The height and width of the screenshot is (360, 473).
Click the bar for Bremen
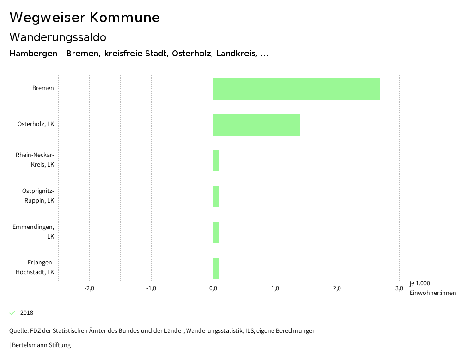pos(296,89)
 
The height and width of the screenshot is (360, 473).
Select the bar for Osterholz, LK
pos(256,125)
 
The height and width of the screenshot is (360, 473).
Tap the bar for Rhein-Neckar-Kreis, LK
pos(216,161)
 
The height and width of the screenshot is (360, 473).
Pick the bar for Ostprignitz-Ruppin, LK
pos(216,197)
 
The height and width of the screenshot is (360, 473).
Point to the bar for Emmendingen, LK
pos(216,233)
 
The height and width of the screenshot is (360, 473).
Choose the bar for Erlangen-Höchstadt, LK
pos(216,268)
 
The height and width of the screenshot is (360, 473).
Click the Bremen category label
pos(43,88)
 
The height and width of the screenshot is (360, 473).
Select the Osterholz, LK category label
pos(36,124)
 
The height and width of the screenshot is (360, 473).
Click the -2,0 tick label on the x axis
pos(89,289)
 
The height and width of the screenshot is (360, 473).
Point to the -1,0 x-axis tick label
pos(151,289)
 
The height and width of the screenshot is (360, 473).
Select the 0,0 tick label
pos(213,289)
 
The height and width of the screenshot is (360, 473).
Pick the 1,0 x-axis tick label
pos(275,289)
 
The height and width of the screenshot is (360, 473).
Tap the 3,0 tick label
pos(399,289)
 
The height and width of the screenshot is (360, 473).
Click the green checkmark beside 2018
pos(12,313)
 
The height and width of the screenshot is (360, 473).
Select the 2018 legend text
pos(27,313)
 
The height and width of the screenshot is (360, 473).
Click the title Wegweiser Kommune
pos(85,18)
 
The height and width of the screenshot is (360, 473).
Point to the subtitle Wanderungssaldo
pos(58,37)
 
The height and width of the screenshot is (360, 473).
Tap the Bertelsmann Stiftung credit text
pos(41,345)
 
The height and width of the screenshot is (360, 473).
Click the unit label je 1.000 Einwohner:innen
pos(432,288)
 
